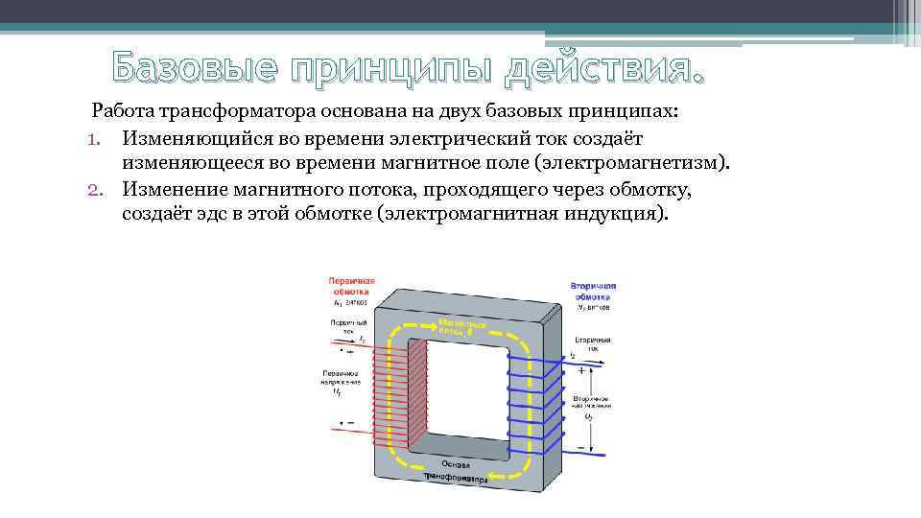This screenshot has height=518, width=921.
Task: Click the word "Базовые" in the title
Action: coord(182,68)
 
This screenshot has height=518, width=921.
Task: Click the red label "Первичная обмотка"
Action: coord(353,286)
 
